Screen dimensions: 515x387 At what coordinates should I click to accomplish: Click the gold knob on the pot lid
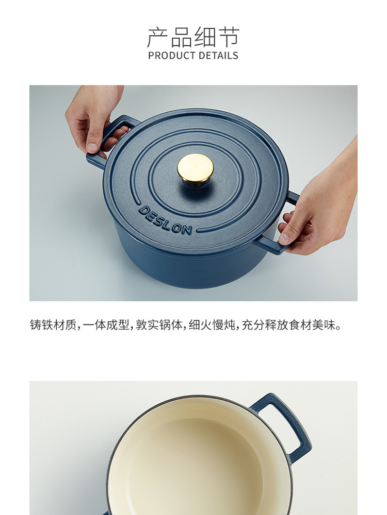[x=195, y=168]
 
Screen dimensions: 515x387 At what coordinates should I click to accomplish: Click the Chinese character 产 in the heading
[x=158, y=37]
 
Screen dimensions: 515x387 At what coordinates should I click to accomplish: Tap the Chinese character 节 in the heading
[x=229, y=37]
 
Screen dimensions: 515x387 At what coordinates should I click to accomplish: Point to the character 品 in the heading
[x=182, y=37]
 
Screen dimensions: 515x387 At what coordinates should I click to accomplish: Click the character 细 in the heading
[x=205, y=37]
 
